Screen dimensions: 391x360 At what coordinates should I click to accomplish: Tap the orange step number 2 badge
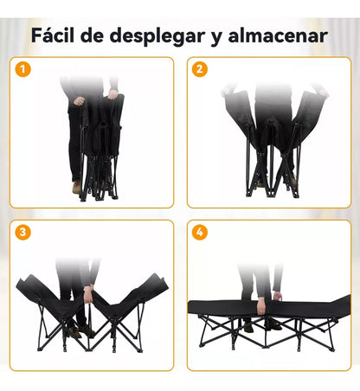(x=200, y=69)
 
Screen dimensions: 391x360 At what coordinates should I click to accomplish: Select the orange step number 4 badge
(x=200, y=233)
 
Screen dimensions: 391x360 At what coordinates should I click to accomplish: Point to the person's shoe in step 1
(x=75, y=188)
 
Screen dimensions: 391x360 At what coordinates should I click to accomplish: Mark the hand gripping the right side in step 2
(x=318, y=90)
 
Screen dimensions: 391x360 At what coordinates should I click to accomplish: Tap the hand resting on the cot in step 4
(x=276, y=297)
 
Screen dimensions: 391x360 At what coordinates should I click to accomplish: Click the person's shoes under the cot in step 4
(x=260, y=325)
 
